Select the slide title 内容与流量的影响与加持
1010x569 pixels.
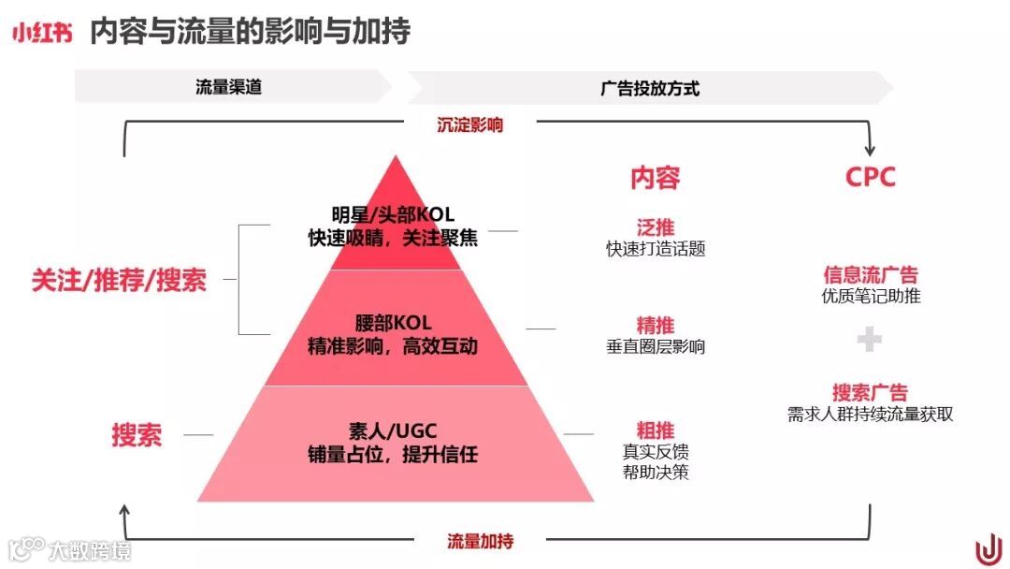[x=250, y=32]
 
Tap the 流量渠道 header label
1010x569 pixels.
[x=228, y=88]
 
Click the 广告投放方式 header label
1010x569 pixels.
[x=650, y=89]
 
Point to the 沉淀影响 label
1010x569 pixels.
[x=469, y=124]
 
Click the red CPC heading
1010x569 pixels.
[x=870, y=177]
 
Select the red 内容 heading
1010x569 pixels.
[x=655, y=177]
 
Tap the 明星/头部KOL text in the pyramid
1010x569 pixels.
[x=393, y=215]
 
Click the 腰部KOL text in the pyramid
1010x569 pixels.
[x=393, y=323]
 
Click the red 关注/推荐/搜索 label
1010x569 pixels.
[x=119, y=280]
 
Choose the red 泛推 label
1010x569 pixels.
[x=655, y=227]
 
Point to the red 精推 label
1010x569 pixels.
[x=655, y=325]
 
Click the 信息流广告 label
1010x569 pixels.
[x=870, y=275]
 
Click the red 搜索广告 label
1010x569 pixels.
[x=870, y=392]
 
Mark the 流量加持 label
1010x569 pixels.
[x=480, y=541]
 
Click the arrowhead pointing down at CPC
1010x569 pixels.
[x=872, y=149]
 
